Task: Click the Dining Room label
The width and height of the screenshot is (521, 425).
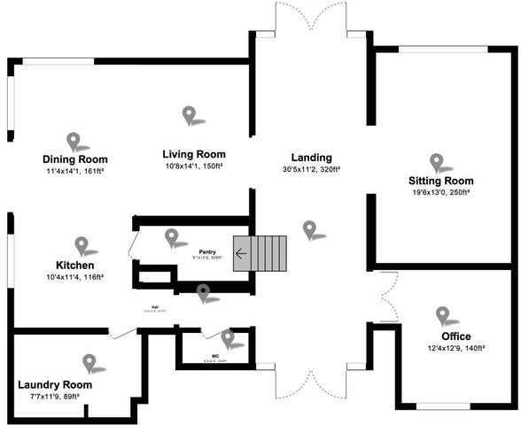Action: (x=75, y=159)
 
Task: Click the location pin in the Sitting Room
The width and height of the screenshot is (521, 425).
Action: (x=436, y=161)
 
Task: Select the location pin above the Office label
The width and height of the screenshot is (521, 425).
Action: (x=442, y=315)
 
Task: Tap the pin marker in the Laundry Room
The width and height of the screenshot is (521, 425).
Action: (x=89, y=362)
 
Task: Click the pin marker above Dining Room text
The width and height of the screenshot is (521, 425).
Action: (x=74, y=140)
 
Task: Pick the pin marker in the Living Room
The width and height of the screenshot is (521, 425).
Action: (x=189, y=114)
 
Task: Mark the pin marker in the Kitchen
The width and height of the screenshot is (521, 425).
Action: (x=82, y=244)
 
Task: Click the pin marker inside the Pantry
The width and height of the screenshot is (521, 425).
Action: (x=171, y=236)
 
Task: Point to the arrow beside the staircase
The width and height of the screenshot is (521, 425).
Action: (x=241, y=256)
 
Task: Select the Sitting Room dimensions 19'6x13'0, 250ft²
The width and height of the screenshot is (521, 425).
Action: (x=440, y=192)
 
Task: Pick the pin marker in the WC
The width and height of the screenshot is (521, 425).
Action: (x=228, y=336)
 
